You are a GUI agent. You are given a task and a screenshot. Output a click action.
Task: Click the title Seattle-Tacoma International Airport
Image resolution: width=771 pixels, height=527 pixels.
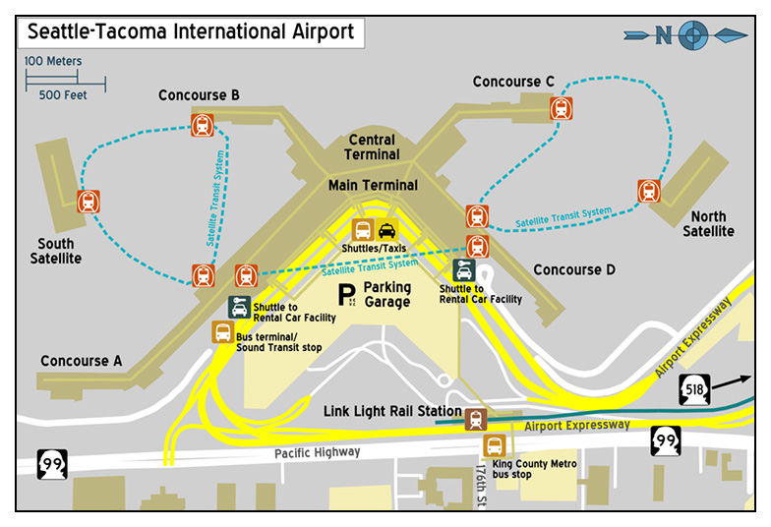pyautogui.click(x=190, y=31)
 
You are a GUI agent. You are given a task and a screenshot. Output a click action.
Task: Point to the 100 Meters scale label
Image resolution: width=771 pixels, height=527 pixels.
pyautogui.click(x=53, y=61)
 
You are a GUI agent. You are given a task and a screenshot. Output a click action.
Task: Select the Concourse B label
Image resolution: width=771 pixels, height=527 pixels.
pyautogui.click(x=199, y=95)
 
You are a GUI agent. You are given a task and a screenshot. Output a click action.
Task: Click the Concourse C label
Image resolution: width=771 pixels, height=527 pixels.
pyautogui.click(x=513, y=82)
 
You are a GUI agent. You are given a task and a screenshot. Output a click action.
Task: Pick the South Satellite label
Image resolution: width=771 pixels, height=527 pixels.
pyautogui.click(x=59, y=251)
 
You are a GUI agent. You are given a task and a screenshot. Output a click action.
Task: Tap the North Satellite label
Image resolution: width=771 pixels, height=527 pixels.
pyautogui.click(x=708, y=224)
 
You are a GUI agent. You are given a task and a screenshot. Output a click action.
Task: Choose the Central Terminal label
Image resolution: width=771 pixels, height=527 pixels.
pyautogui.click(x=372, y=147)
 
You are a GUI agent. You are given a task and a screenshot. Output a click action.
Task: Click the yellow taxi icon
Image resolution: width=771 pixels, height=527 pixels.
pyautogui.click(x=386, y=230)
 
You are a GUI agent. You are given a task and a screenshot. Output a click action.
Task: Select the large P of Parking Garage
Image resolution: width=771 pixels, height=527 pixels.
pyautogui.click(x=345, y=293)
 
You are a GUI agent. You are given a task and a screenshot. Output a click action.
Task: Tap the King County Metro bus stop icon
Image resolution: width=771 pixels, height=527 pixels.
pyautogui.click(x=494, y=446)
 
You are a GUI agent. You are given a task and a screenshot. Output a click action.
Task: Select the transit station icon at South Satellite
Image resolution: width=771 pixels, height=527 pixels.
pyautogui.click(x=89, y=203)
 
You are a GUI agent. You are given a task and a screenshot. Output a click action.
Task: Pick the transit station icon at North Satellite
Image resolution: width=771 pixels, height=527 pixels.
pyautogui.click(x=648, y=191)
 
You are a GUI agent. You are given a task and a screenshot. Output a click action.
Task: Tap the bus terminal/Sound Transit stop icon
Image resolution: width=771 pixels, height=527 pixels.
pyautogui.click(x=223, y=332)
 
